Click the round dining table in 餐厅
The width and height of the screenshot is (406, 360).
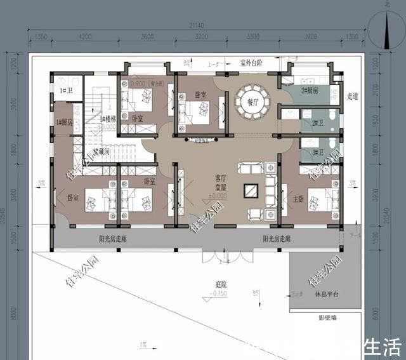click(252, 102)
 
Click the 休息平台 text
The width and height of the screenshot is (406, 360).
click(327, 295)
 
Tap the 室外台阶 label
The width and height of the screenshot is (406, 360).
click(251, 63)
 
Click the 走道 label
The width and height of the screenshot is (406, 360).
click(353, 97)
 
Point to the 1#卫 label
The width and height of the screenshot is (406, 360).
click(65, 91)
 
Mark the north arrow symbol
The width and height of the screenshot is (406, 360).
click(388, 29)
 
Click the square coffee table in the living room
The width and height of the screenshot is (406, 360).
click(251, 189)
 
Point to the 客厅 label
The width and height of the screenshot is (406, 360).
click(221, 179)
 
